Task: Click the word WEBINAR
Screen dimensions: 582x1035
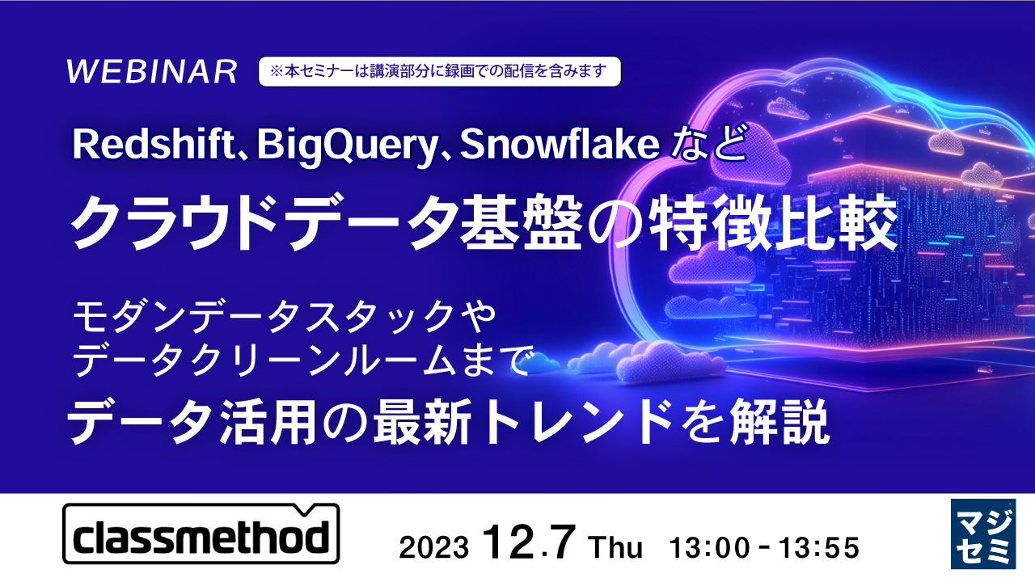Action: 152,72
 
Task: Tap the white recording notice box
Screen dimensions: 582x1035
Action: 439,71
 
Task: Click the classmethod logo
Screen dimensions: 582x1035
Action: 201,534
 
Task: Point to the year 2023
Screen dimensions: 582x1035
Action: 434,547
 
